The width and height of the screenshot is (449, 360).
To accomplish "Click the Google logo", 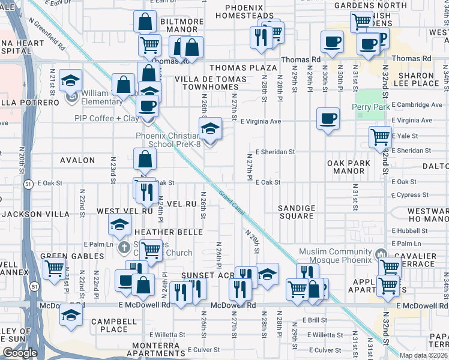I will click(x=20, y=353).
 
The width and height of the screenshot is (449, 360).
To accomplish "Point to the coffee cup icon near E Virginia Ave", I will click(x=328, y=118).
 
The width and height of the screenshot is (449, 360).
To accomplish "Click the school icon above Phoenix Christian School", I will click(x=209, y=128).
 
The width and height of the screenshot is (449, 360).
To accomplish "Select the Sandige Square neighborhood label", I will click(x=297, y=212).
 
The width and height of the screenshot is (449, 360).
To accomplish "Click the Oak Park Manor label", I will click(x=346, y=167).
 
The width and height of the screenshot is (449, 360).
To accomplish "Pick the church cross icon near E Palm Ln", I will click(x=123, y=247).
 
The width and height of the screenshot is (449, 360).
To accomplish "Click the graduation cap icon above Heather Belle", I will click(x=120, y=224).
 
